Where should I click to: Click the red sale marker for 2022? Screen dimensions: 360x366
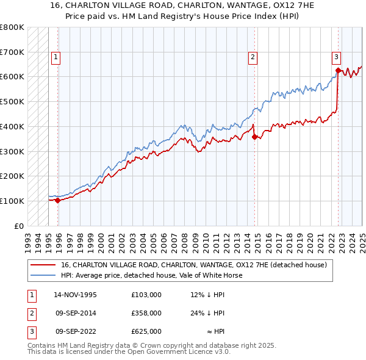337,70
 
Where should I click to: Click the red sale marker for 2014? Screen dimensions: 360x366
254,137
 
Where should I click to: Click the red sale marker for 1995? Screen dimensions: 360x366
57,200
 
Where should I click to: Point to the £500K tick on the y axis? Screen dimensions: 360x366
12,102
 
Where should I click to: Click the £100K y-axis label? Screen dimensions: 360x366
12,201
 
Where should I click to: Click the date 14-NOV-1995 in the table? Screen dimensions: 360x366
75,295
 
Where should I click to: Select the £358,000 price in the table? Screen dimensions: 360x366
146,313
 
